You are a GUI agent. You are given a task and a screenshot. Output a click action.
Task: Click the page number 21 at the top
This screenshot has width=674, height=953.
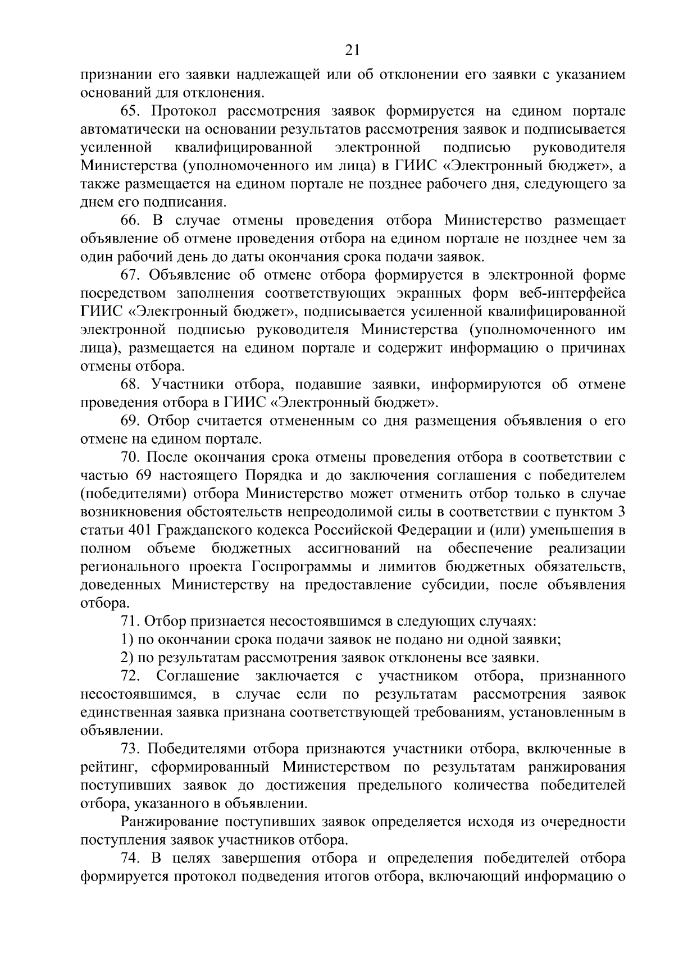352,51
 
